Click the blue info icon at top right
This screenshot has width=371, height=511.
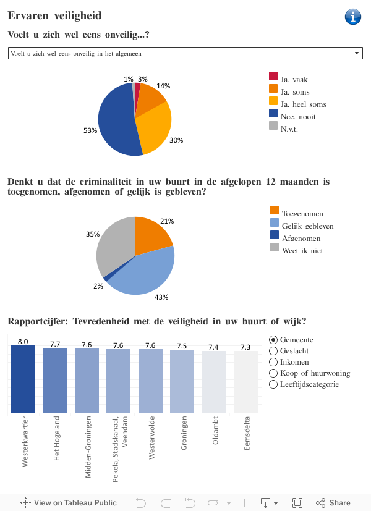[353, 17]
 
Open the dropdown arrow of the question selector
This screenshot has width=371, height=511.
[357, 54]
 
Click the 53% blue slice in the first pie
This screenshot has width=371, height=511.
[114, 120]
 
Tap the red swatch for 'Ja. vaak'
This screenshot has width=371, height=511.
[273, 76]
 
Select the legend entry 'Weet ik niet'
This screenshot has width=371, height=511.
[302, 250]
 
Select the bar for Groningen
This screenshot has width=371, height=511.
[182, 381]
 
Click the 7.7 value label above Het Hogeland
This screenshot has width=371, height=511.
[55, 344]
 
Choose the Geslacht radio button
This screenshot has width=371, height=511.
[274, 351]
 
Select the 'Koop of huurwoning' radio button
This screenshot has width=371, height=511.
[274, 373]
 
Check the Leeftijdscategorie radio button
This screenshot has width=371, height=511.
[274, 384]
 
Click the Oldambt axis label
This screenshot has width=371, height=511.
[214, 436]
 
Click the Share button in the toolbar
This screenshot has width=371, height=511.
[333, 502]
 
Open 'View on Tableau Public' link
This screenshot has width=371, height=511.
[69, 502]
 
